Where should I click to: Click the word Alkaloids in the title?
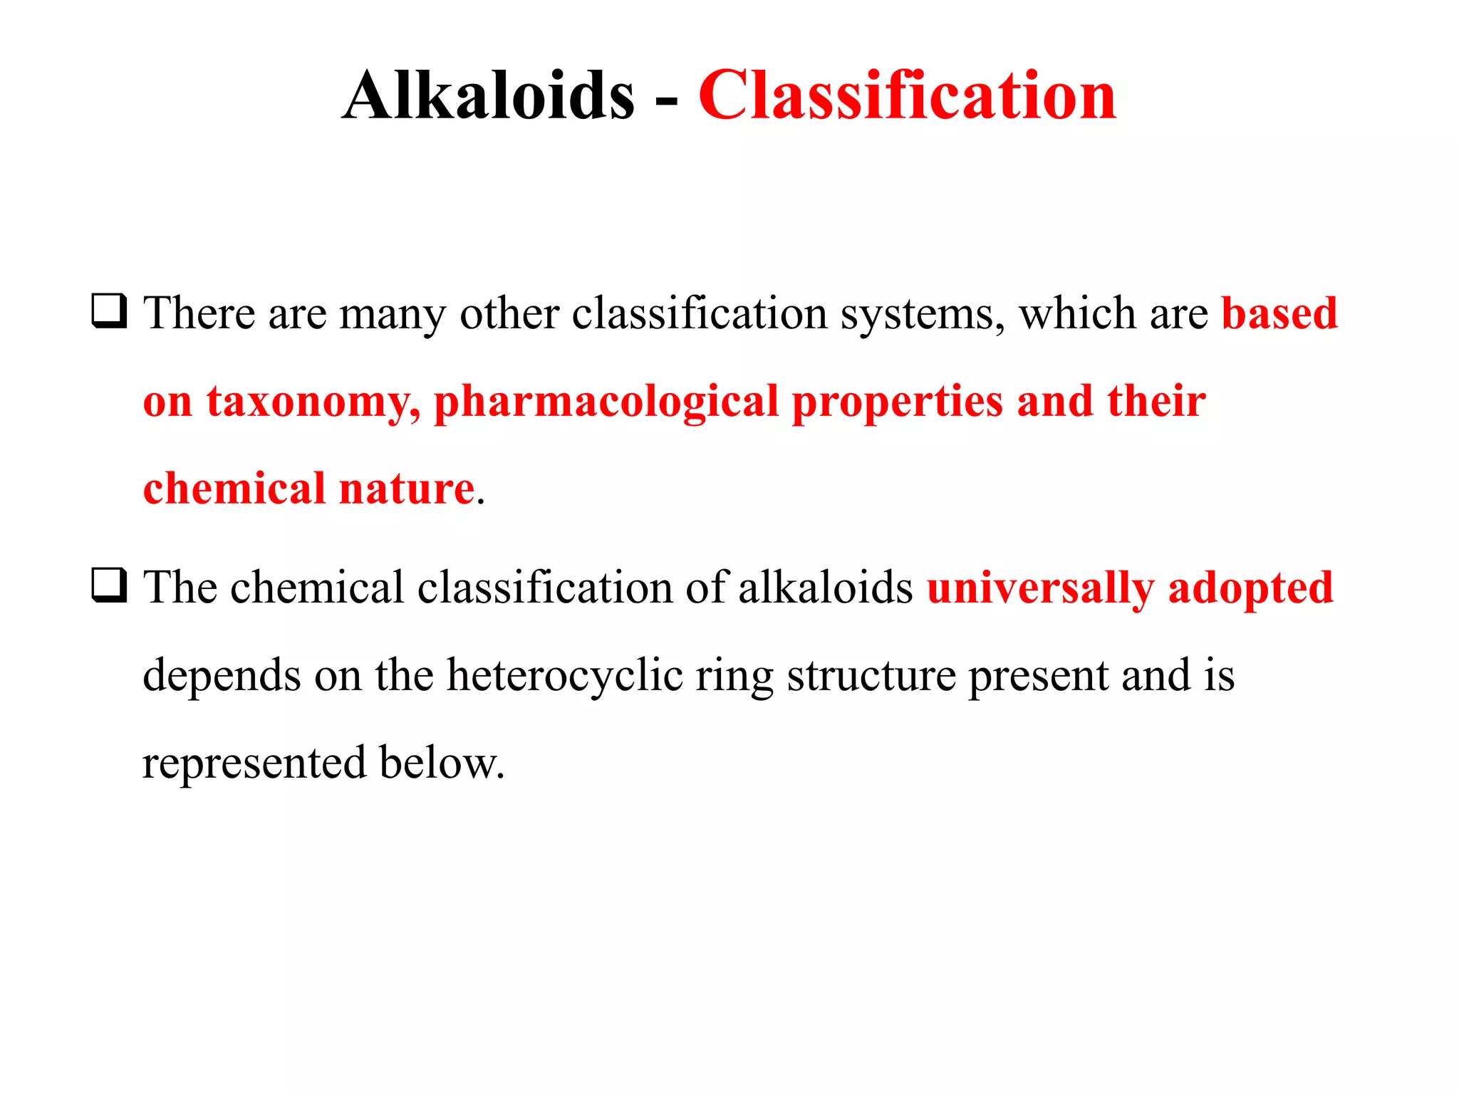point(488,95)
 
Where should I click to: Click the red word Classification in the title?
point(907,95)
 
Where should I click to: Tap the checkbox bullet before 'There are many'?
point(109,311)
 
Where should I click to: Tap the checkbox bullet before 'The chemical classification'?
point(109,585)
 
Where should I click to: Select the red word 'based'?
point(1279,313)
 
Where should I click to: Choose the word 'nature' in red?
point(407,489)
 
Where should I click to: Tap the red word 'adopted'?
point(1250,588)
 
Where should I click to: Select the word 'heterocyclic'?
point(564,676)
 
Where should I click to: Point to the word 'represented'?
point(254,764)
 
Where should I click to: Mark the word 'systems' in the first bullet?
point(923,315)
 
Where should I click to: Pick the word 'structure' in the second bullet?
point(871,676)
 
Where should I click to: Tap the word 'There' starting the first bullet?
point(199,313)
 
